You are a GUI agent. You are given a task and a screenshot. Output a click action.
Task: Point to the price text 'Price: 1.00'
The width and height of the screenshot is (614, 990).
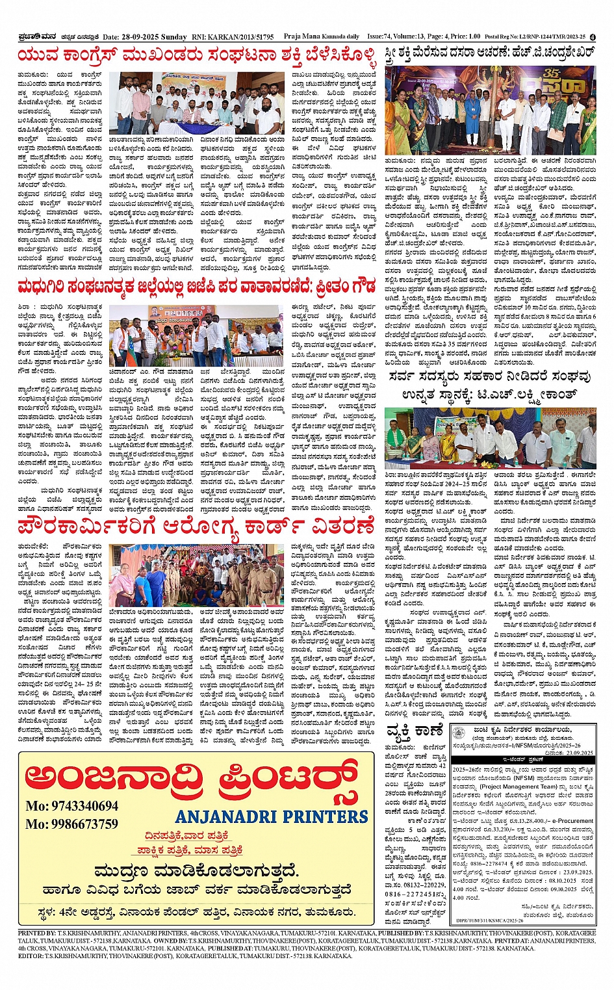[465, 36]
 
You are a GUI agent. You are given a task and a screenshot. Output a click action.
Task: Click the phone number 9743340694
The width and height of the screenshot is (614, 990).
[71, 806]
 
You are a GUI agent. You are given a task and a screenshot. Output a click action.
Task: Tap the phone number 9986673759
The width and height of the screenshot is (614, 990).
[71, 824]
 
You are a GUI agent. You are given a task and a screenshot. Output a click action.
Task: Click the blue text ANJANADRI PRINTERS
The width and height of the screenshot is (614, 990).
[272, 816]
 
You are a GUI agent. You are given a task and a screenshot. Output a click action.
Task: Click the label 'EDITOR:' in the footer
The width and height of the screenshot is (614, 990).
[31, 956]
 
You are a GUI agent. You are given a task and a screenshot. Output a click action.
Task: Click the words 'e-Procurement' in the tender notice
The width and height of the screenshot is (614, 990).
[575, 821]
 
